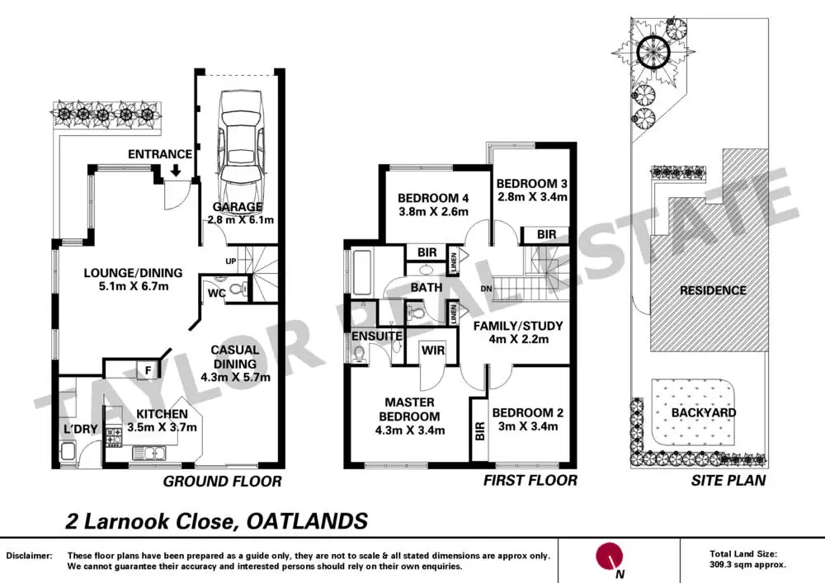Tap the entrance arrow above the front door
[x=175, y=171]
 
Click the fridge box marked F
[x=148, y=370]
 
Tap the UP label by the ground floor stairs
[x=232, y=261]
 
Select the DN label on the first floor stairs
[x=488, y=289]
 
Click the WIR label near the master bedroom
[x=434, y=351]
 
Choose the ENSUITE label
[x=376, y=336]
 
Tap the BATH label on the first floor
[x=427, y=288]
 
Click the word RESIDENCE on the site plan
[x=713, y=290]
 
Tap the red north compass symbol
[x=610, y=555]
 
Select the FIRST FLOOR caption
[x=530, y=481]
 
